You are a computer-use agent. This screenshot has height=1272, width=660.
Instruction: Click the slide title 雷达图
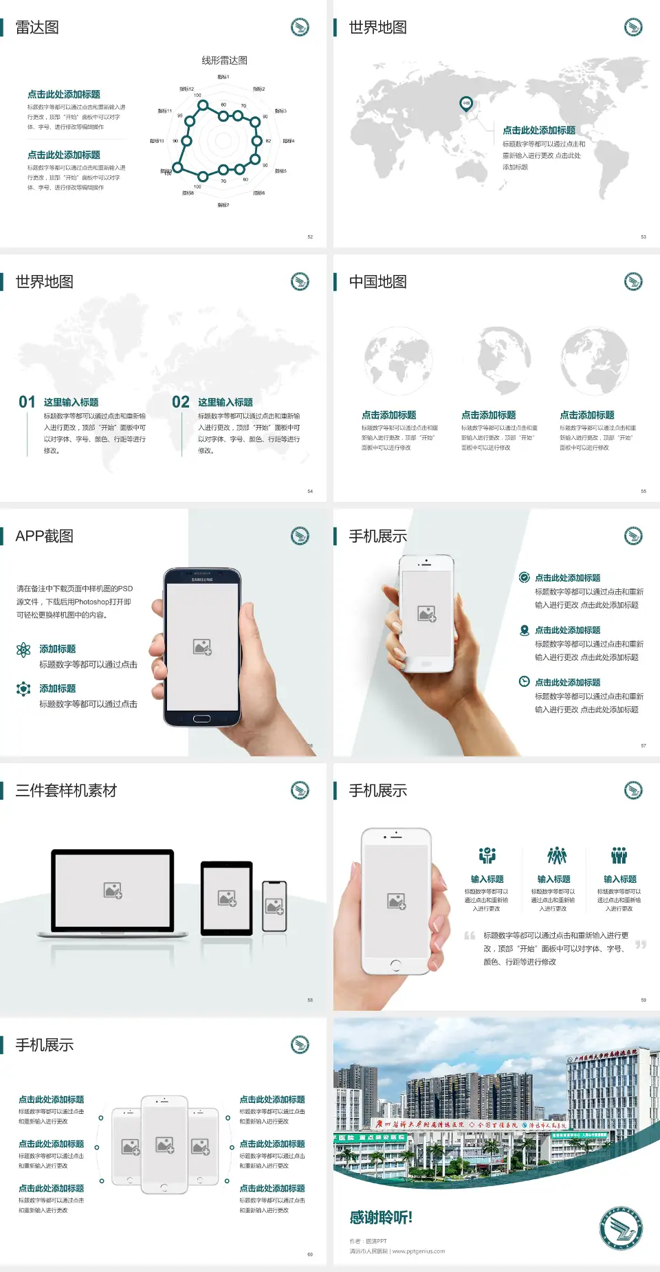click(x=37, y=28)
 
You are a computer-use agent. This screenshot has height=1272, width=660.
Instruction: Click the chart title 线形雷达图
click(x=224, y=61)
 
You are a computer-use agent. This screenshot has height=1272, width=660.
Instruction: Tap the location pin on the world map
click(x=466, y=104)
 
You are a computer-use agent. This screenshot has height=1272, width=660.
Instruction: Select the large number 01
click(x=27, y=402)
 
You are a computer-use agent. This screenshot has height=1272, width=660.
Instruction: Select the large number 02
click(x=181, y=402)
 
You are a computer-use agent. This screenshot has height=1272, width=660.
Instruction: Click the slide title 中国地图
click(x=377, y=282)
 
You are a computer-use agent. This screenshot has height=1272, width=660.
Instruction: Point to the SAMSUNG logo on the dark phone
click(x=201, y=580)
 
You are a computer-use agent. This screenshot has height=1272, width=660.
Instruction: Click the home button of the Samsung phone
click(x=201, y=719)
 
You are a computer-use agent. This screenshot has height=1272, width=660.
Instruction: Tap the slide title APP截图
click(x=44, y=536)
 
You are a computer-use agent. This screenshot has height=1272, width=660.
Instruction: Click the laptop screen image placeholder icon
click(x=113, y=890)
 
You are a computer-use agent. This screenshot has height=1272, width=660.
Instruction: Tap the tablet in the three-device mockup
click(x=227, y=897)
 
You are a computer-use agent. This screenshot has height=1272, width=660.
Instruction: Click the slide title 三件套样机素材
click(x=66, y=791)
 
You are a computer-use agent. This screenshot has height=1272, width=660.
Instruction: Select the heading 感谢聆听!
click(x=381, y=1218)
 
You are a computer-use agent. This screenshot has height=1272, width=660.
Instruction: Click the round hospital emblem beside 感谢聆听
click(x=621, y=1228)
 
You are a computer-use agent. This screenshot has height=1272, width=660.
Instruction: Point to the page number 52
click(x=310, y=237)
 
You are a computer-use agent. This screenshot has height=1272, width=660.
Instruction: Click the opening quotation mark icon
click(x=470, y=936)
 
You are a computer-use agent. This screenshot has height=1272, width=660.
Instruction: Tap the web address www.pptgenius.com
click(x=419, y=1251)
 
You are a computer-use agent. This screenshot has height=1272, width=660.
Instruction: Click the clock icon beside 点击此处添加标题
click(x=524, y=681)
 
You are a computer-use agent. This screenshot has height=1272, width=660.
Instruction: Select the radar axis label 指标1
click(x=223, y=77)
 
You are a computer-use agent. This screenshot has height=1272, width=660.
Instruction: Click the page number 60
click(x=310, y=1254)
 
